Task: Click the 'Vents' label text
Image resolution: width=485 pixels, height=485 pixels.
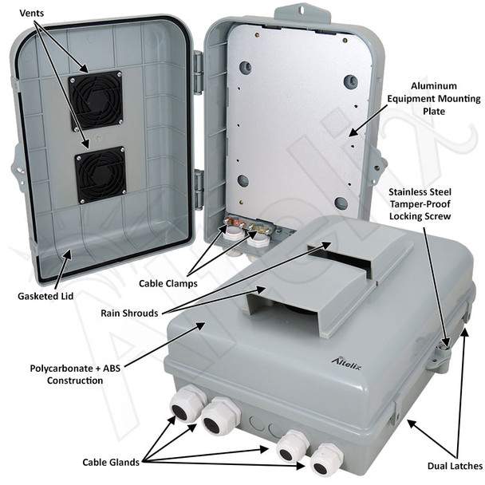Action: coord(32,14)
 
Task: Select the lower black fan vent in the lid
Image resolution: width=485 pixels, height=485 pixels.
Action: coord(101,175)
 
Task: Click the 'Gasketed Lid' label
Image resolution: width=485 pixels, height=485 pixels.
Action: coord(45,296)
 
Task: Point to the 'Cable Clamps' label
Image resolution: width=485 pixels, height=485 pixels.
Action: coord(168,283)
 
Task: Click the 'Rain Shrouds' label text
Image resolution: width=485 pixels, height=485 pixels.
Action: coord(129,313)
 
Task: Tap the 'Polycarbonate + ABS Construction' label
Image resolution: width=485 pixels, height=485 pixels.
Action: coord(75,374)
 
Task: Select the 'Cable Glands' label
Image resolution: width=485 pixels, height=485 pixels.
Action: coord(111,462)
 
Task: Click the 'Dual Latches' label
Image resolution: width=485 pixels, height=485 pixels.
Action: coord(455,466)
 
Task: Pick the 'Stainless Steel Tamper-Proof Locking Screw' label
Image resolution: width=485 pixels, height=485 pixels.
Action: coord(420,204)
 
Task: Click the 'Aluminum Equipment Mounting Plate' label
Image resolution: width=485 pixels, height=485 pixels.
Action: coord(434,99)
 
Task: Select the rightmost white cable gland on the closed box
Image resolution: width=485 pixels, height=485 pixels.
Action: coord(325,461)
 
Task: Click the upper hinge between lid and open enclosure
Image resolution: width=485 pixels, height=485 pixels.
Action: coord(198,72)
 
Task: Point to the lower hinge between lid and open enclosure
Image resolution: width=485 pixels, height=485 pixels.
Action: coord(199,188)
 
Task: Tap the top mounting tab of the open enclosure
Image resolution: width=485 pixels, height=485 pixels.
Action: coord(300,12)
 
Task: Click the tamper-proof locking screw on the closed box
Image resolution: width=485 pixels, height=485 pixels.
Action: coord(445,347)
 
